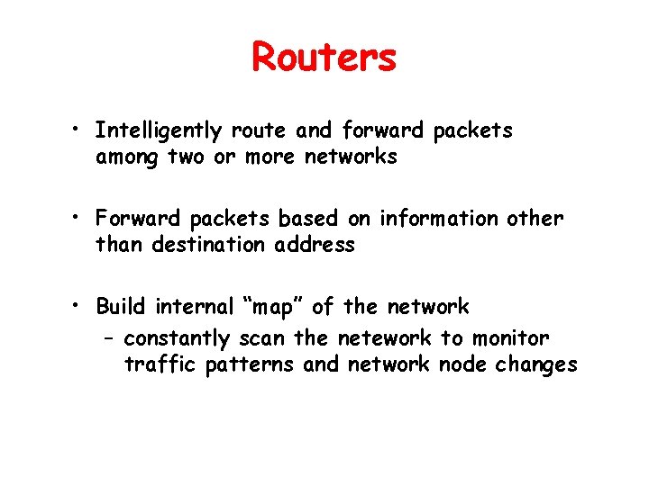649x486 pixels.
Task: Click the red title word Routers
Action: coord(324,58)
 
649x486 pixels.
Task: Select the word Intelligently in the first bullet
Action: coord(159,131)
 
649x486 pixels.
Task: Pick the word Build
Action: coord(123,307)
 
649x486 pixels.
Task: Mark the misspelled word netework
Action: coord(385,338)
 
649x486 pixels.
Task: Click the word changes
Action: coord(539,364)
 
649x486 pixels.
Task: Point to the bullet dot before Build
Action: coord(79,307)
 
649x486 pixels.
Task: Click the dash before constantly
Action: coord(107,339)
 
